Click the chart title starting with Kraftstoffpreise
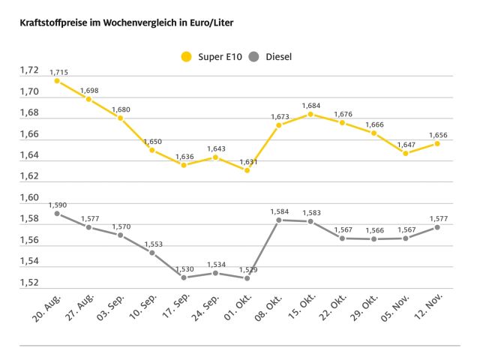click(120, 23)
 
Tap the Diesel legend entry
click(269, 56)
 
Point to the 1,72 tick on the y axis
click(28, 70)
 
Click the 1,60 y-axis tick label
click(28, 198)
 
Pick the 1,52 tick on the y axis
click(28, 283)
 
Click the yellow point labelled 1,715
click(57, 81)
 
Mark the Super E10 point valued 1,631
click(247, 170)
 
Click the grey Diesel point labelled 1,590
click(57, 214)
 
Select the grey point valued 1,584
click(279, 220)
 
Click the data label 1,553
click(151, 244)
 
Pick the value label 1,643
click(215, 148)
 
